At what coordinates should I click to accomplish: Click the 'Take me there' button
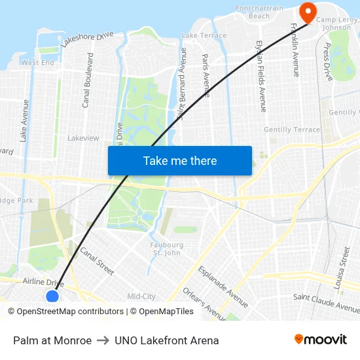click(x=180, y=160)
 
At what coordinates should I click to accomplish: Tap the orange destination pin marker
click(x=306, y=11)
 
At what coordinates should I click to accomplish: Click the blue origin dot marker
click(x=52, y=297)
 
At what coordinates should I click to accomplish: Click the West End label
click(x=38, y=63)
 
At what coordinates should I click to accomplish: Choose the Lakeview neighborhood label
click(x=83, y=138)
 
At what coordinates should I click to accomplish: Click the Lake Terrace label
click(x=204, y=35)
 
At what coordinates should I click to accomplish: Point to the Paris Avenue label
click(x=206, y=75)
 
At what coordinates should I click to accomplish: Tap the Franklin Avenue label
click(x=295, y=50)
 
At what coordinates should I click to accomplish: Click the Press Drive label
click(x=328, y=62)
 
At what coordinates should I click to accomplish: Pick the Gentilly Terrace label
click(x=292, y=130)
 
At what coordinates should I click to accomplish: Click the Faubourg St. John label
click(x=166, y=249)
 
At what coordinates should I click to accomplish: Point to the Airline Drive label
click(x=43, y=282)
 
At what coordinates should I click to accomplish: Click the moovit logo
click(x=321, y=340)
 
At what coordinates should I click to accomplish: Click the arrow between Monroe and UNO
click(x=103, y=340)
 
